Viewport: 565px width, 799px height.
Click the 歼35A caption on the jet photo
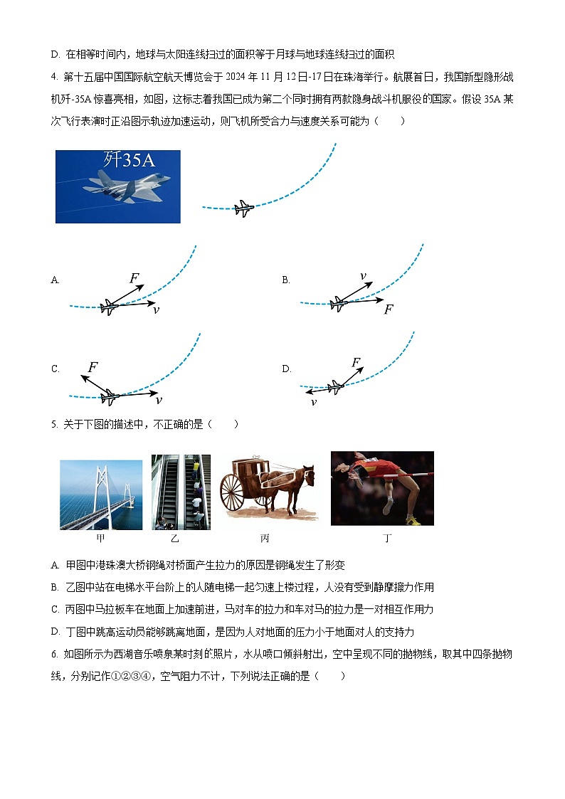[x=128, y=160]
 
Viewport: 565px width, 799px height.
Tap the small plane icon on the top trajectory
[x=243, y=208]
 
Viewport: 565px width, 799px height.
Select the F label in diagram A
[x=134, y=278]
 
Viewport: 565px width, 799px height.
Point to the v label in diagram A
[x=156, y=310]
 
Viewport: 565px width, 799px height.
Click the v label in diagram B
[x=363, y=276]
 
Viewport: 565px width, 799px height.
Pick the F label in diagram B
[x=388, y=309]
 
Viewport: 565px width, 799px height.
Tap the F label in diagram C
[x=93, y=367]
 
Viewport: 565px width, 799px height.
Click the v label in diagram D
[x=313, y=402]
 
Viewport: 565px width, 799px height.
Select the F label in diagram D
[x=356, y=363]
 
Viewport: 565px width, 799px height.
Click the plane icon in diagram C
[x=109, y=396]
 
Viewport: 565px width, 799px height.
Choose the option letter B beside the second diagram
[x=286, y=280]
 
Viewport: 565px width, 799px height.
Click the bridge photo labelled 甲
[x=101, y=494]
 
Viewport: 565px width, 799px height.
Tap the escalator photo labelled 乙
[x=181, y=492]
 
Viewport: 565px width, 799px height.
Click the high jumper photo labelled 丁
[x=382, y=488]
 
